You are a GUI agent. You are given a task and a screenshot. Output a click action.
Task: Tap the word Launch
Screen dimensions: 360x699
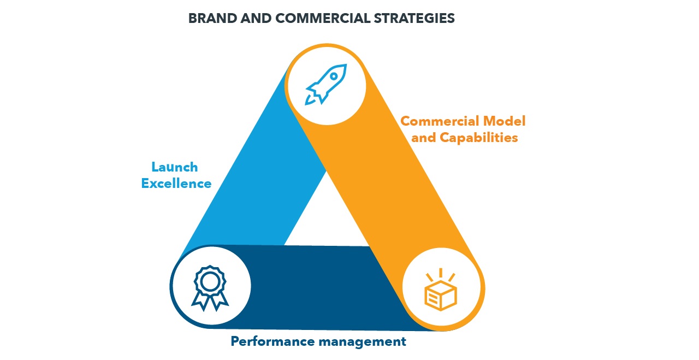click(x=175, y=167)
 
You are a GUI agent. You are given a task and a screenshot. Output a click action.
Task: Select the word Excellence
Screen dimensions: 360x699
click(x=176, y=184)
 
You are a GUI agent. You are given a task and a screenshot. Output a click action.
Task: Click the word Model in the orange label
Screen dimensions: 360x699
click(x=503, y=121)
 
